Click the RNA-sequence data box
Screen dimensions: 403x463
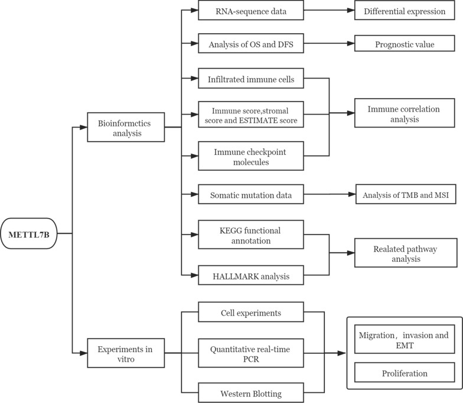[x=251, y=10]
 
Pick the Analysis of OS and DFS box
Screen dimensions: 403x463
[x=251, y=43]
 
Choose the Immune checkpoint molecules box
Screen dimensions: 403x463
[x=251, y=157]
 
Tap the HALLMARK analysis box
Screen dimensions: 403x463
[x=251, y=274]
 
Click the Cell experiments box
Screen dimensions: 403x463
[x=251, y=311]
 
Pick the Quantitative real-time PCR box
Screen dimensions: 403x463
[x=251, y=353]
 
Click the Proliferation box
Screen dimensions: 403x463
[x=405, y=373]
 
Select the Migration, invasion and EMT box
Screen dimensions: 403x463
[x=405, y=339]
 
